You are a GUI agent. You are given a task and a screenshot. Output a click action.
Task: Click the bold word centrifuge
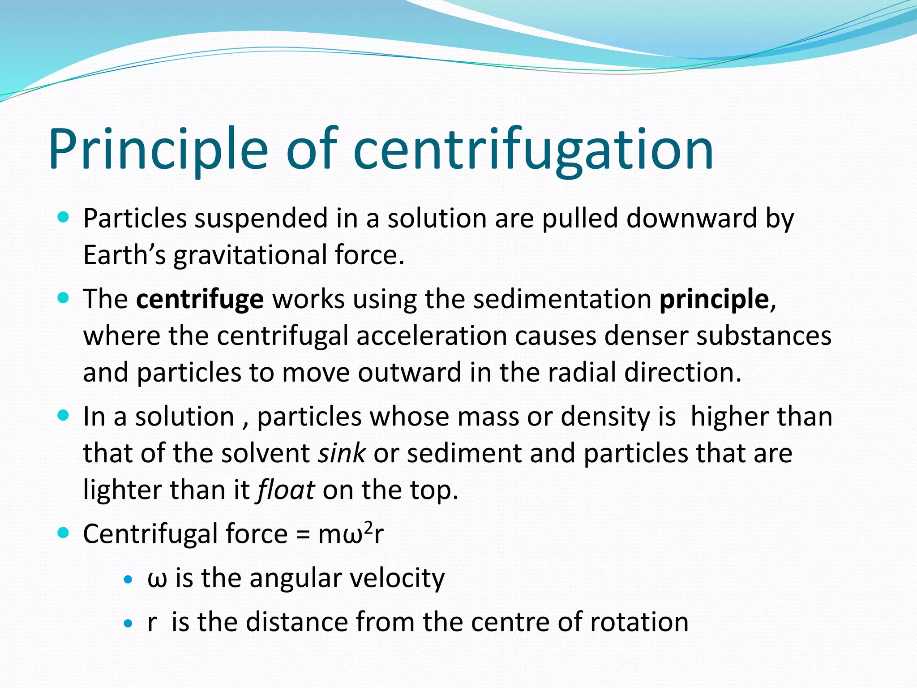pos(200,299)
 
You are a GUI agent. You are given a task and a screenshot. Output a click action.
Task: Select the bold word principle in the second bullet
pos(714,300)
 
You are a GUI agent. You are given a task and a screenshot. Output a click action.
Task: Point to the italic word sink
pos(342,453)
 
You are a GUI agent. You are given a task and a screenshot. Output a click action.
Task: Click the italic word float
pos(286,490)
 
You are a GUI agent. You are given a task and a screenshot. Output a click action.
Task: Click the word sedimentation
pos(562,299)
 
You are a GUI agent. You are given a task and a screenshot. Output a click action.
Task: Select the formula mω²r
pos(351,533)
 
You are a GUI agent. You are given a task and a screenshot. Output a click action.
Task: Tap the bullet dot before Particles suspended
pos(64,218)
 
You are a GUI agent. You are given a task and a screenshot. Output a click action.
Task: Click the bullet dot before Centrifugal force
pos(64,533)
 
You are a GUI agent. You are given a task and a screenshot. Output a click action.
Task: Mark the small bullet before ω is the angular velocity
pos(129,579)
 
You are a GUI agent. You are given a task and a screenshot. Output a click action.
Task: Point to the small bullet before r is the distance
pos(129,623)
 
